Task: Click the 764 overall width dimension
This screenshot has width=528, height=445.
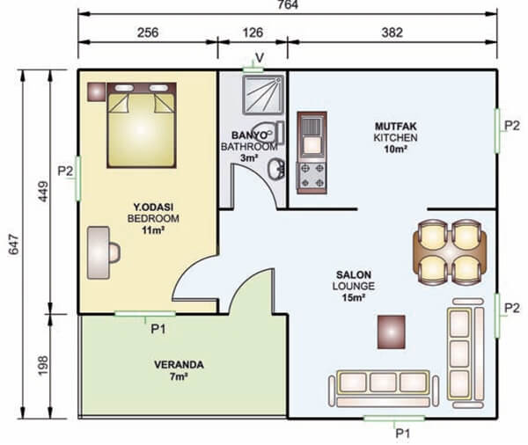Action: pos(288,4)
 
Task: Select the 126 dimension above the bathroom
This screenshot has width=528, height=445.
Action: pos(253,33)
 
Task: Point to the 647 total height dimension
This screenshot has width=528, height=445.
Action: pos(14,244)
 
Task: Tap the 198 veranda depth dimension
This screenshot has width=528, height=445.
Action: pos(43,366)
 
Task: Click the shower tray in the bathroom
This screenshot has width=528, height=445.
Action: pos(263,95)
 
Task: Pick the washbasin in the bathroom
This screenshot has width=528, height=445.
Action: pos(276,170)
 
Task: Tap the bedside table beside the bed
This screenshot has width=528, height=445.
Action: pos(97,91)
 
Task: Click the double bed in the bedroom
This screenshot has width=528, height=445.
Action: pos(142,125)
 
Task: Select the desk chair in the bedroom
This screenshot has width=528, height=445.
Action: pos(114,252)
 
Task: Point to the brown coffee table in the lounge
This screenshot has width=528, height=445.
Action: pos(392,332)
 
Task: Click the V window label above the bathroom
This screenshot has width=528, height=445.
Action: pos(260,58)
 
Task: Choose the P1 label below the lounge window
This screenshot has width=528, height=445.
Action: pos(403,434)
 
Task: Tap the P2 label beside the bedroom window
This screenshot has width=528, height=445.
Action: pos(65,171)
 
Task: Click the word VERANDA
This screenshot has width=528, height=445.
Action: pos(179,365)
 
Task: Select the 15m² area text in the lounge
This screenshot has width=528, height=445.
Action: pos(354,297)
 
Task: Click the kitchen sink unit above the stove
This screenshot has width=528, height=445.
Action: pos(312,136)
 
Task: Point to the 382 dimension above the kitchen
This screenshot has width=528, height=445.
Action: pos(392,33)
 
